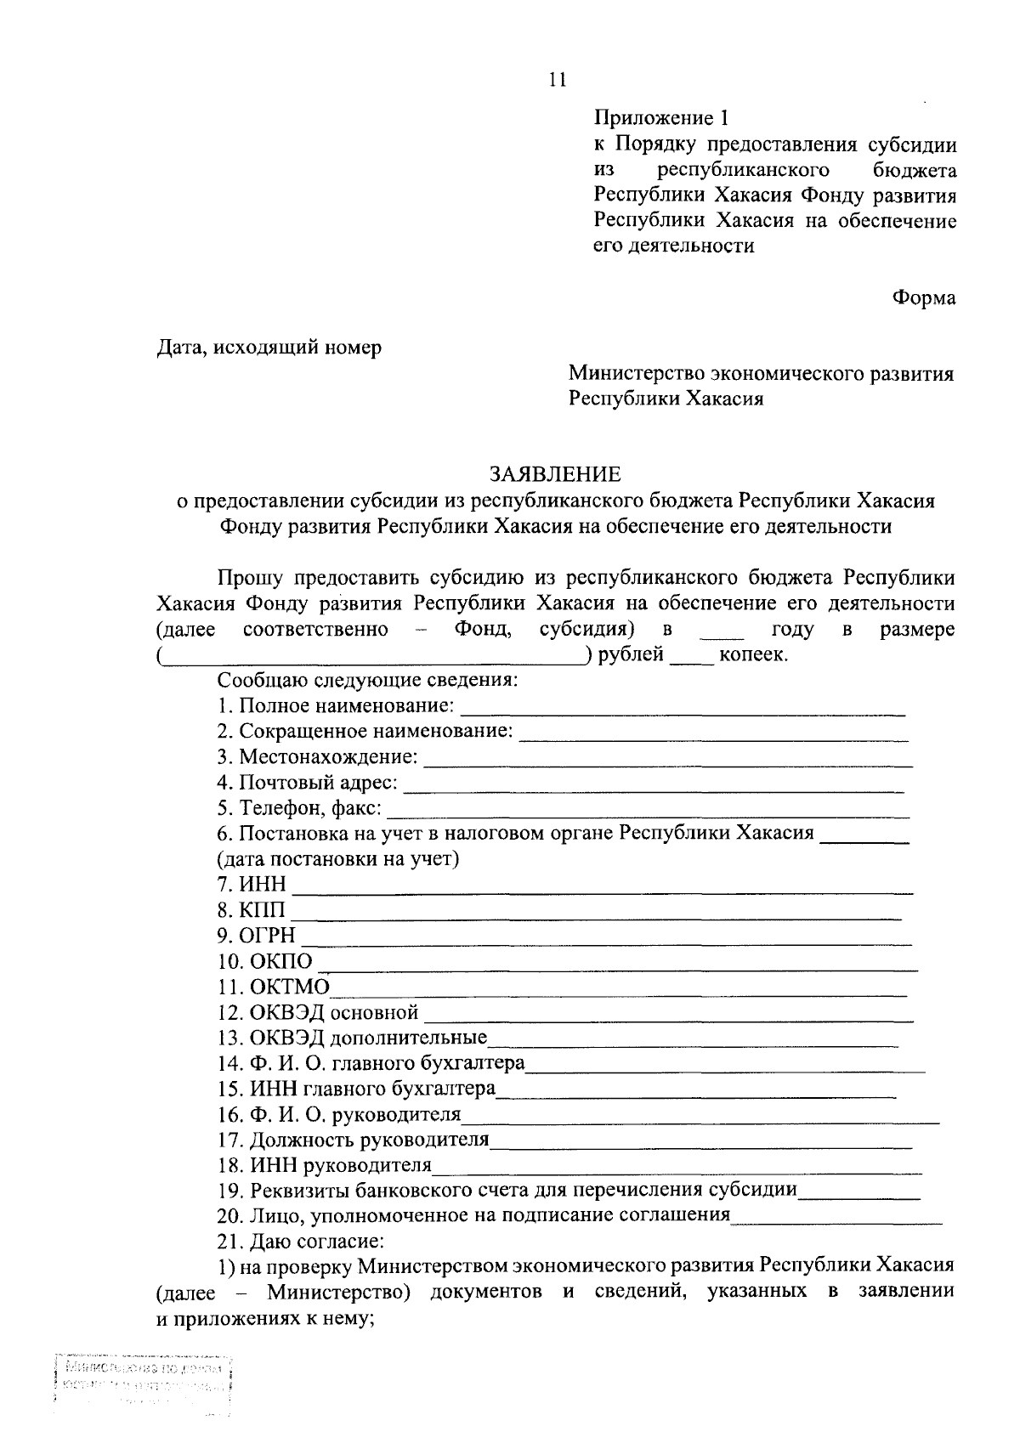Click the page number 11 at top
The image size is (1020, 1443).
[x=558, y=80]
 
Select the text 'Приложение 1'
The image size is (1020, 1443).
[x=661, y=118]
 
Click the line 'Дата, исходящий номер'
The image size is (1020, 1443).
[x=269, y=348]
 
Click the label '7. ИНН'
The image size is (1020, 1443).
[x=252, y=885]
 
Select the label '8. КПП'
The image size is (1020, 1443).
[x=252, y=910]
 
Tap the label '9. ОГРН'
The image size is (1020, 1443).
[x=257, y=936]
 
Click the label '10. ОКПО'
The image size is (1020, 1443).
[x=265, y=961]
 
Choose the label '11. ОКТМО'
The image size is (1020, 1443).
[x=273, y=987]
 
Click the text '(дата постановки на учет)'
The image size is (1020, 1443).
[x=338, y=859]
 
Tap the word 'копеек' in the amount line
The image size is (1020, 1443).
[x=751, y=655]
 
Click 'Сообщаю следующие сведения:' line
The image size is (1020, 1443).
[x=367, y=681]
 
